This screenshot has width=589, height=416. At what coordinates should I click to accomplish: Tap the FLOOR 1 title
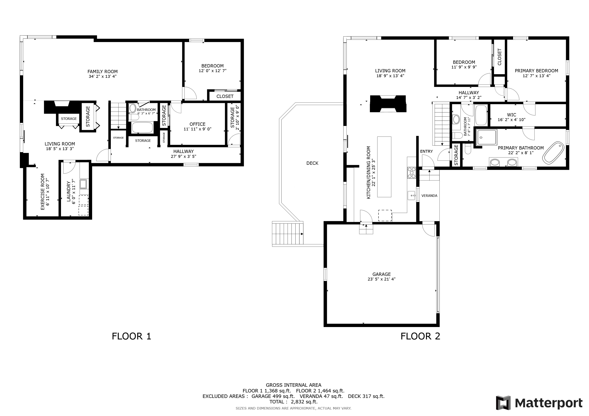point(131,336)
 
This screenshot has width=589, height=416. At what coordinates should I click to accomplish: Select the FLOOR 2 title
point(420,336)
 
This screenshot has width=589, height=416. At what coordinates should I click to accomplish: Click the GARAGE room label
point(382,274)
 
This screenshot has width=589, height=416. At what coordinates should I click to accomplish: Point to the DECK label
point(312,163)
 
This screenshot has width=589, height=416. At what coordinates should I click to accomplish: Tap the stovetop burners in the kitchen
point(411,172)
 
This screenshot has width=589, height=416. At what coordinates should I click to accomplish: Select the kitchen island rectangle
point(384,167)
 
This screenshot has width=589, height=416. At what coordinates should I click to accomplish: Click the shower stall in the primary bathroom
point(486,138)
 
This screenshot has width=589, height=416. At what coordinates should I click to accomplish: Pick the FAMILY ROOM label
point(103,72)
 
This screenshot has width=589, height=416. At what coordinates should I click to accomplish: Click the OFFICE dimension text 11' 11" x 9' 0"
point(197,129)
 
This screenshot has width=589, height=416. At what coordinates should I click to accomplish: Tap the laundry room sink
point(83,184)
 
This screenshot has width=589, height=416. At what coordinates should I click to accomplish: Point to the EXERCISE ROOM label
point(43,192)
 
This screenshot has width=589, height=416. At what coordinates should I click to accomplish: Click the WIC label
point(512,115)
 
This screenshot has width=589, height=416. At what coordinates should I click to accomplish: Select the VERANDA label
point(429,196)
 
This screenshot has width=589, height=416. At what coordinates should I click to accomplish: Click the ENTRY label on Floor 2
point(426,151)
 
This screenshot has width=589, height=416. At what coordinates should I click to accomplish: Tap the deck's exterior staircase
point(288,234)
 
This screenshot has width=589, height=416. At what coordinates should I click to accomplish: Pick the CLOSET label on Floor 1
point(225,96)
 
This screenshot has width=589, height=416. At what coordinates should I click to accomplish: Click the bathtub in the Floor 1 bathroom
point(142,128)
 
